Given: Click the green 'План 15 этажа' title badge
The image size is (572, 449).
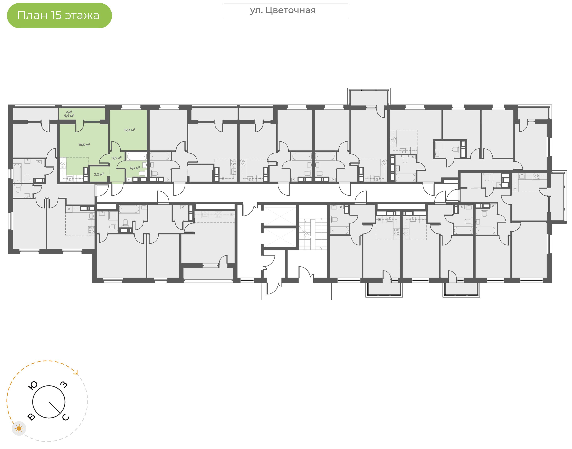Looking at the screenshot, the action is pos(59,15).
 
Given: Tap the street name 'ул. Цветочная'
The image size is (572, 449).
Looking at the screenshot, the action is pos(283,11).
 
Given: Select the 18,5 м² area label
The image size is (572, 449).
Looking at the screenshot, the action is pos(84,145).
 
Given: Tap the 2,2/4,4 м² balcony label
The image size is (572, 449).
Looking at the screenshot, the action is pos(69,114).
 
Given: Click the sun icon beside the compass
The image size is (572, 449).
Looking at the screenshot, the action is pos(19,429).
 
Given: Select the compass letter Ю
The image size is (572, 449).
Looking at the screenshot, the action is pos(33,386).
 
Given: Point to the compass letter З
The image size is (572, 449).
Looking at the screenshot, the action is pos(64,385).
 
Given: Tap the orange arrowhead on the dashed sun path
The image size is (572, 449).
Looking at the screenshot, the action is pos(76,372).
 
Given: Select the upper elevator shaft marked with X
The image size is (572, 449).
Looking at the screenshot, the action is pos(280,216).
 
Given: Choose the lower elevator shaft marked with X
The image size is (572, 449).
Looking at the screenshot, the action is pos(280,237).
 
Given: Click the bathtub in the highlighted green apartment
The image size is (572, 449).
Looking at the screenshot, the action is pos(137,156).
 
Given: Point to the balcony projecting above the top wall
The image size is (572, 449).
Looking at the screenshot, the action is pos(369,98).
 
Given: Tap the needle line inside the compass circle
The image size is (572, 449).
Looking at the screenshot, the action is pos(54,407).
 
